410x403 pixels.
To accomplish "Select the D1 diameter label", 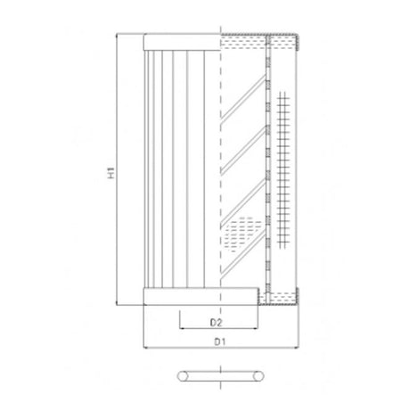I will pyautogui.click(x=217, y=341).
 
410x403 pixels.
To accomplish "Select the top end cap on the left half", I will pyautogui.click(x=182, y=41).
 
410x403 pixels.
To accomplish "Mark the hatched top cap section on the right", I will pyautogui.click(x=263, y=40).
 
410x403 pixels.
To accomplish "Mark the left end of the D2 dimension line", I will pyautogui.click(x=180, y=326).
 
